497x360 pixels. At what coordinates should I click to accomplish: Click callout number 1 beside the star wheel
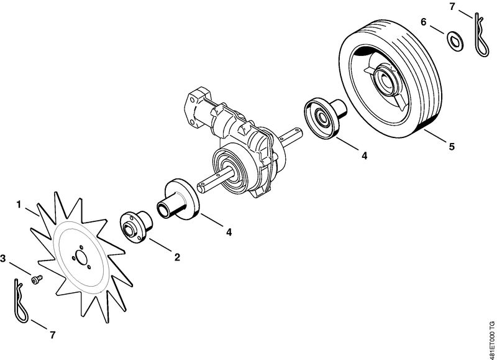coord(19,205)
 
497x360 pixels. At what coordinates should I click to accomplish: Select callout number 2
coord(177,257)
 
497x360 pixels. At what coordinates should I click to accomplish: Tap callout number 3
coord(3,259)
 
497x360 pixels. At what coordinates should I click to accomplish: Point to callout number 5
coord(452,147)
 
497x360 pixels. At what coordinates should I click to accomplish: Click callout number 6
coord(424,22)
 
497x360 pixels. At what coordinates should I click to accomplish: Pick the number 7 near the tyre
coord(452,6)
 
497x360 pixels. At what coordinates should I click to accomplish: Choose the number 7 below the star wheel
coord(53,335)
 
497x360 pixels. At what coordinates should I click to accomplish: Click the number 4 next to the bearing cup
coord(365,155)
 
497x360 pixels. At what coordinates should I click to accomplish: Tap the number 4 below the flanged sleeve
coord(229,232)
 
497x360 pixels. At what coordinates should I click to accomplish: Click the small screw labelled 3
coord(37,279)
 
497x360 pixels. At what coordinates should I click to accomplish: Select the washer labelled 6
coord(455,41)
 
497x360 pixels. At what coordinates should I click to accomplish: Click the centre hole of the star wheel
coord(81,258)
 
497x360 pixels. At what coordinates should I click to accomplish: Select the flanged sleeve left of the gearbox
coord(178,199)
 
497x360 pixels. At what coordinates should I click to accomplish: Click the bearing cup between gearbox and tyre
coord(324,118)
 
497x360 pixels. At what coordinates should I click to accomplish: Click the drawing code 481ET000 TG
coord(491,339)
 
